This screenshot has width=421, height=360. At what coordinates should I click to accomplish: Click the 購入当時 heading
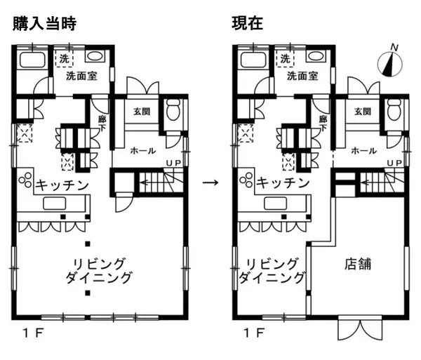pos(45,24)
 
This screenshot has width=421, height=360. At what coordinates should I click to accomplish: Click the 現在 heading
pos(247,24)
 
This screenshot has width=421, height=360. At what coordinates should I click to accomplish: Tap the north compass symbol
pos(390,63)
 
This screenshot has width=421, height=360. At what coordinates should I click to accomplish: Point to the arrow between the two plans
pos(210,183)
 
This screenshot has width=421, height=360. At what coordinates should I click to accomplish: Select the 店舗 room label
pos(358,264)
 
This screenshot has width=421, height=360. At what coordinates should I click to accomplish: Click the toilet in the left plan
pos(173,109)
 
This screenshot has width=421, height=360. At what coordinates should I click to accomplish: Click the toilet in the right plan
pos(394,109)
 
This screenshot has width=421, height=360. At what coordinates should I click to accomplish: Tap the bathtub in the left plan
pos(32,60)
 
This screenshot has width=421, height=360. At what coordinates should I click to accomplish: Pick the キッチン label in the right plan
pos(283,184)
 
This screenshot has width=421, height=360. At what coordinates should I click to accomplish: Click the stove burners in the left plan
pos(25,180)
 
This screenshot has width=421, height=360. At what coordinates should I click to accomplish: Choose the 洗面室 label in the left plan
pos(81,76)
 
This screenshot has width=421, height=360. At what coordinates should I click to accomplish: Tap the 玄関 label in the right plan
pos(363,112)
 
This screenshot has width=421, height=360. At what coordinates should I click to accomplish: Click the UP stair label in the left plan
pos(173,163)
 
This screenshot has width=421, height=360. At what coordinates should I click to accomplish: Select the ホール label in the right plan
pos(363,151)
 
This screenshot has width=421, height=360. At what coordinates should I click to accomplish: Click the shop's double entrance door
pos(360,328)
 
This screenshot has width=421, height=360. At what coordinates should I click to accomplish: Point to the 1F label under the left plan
pos(33,334)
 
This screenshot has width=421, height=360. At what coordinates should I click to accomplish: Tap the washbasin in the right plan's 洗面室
pos(316,56)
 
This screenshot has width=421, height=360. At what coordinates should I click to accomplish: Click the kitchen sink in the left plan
pos(55,204)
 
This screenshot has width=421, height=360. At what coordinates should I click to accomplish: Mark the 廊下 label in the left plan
pos(102,124)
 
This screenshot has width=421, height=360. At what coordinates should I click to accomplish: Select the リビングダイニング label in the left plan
pos(99,271)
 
